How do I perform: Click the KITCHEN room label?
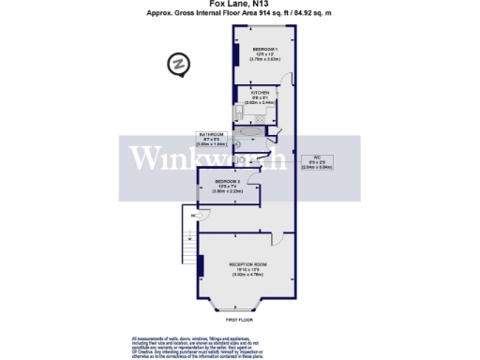pyautogui.click(x=261, y=96)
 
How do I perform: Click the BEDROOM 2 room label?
pyautogui.click(x=228, y=185)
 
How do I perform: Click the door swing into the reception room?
pyautogui.click(x=273, y=237)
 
